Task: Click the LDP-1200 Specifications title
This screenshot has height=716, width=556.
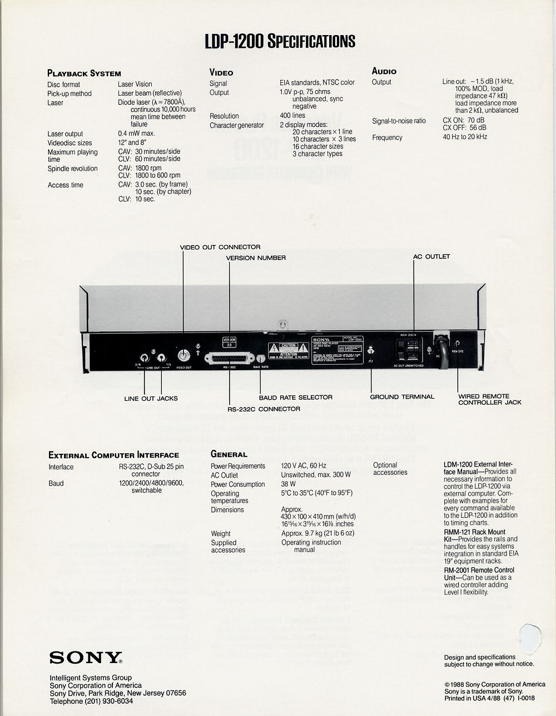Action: point(280,41)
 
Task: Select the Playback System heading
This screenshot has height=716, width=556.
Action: point(84,73)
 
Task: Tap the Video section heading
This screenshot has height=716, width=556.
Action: point(221,72)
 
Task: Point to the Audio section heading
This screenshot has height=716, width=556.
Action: point(384,71)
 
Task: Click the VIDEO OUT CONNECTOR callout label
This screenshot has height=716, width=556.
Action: point(220,247)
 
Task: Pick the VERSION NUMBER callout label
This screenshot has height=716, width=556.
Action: point(256,258)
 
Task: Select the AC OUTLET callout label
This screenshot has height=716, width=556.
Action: point(431,257)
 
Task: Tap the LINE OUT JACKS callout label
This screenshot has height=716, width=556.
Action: point(151,398)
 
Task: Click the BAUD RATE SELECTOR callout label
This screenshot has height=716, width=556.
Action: point(295,398)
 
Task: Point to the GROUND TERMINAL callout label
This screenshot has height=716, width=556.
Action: point(402,397)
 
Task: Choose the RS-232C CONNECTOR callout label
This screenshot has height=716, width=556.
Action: point(264,409)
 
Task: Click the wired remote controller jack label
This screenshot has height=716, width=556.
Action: point(490,399)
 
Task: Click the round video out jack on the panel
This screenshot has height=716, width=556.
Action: point(183,356)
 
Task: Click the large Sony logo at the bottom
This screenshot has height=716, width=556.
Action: point(86,658)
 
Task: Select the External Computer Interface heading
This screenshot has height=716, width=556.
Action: point(113,455)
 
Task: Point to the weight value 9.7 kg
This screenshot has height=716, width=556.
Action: point(317,533)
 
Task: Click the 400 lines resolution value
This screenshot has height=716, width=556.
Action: point(292,116)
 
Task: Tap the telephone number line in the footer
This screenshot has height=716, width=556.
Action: point(91,702)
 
